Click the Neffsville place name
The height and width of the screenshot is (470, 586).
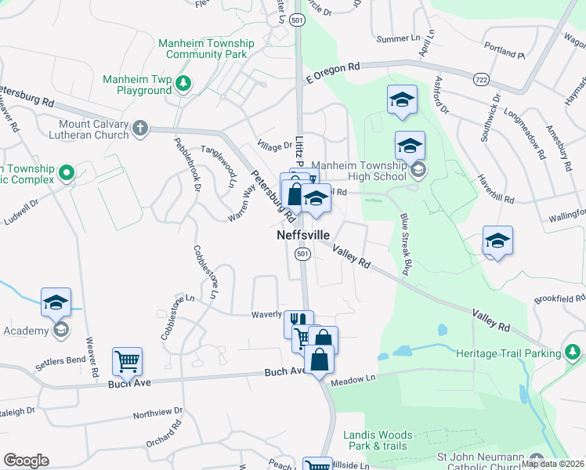[x=302, y=235]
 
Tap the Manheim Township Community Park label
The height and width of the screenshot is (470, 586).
[x=207, y=49]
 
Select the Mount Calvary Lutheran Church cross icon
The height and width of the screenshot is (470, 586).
[x=140, y=128]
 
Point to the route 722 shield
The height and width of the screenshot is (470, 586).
[x=482, y=79]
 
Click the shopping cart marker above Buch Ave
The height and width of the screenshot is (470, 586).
[x=127, y=362]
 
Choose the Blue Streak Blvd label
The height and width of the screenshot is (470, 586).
[x=405, y=243]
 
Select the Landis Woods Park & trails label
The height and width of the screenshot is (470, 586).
[x=378, y=440]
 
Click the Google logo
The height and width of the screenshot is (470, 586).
[x=26, y=461]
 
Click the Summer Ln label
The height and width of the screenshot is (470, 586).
[x=398, y=38]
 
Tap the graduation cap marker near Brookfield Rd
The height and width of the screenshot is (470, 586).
[x=497, y=240]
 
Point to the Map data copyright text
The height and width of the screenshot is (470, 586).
[x=552, y=464]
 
